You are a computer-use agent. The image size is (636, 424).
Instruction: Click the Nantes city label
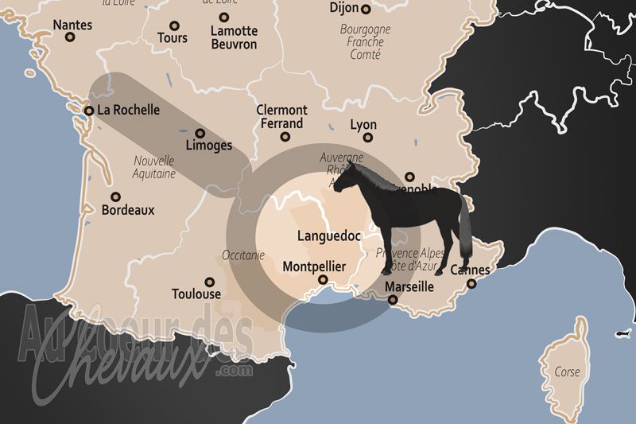click(x=72, y=25)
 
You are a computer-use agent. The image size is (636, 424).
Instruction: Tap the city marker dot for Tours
click(x=172, y=21)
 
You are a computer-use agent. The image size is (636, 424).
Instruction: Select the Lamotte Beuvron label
click(x=234, y=37)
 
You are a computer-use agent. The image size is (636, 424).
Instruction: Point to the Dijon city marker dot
click(x=366, y=10)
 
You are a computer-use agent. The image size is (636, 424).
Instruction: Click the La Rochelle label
click(x=128, y=111)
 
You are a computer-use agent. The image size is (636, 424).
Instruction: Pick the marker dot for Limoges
click(x=200, y=134)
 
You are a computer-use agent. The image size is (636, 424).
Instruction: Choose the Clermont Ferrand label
click(x=281, y=117)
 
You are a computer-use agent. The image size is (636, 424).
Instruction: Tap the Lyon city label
click(x=363, y=126)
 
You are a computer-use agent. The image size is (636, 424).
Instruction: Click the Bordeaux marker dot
click(x=116, y=196)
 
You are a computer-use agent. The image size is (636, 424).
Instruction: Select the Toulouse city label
click(x=196, y=294)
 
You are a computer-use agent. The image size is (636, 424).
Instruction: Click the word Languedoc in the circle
click(x=329, y=236)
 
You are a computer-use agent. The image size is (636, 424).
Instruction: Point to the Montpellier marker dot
click(x=323, y=280)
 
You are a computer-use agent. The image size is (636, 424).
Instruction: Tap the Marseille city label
click(x=409, y=286)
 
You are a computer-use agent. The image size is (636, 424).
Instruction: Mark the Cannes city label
click(x=470, y=270)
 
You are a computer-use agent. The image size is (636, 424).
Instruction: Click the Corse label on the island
click(x=568, y=372)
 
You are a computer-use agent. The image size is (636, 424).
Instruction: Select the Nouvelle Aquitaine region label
click(x=155, y=166)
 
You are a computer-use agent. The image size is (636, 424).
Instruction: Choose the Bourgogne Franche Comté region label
click(x=365, y=42)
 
